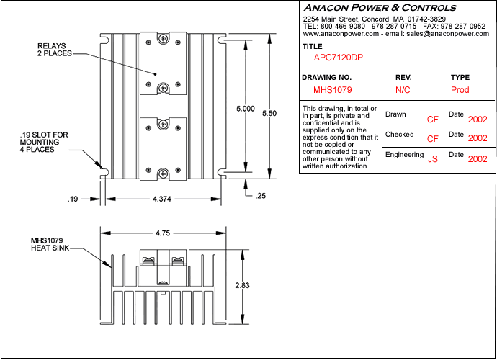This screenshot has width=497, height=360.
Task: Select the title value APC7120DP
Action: click(339, 58)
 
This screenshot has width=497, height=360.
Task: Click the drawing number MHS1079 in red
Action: click(332, 91)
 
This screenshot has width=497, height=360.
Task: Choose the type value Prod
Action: click(460, 91)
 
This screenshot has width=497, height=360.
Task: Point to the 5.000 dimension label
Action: click(246, 109)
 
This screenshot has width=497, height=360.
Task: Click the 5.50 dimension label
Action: click(269, 114)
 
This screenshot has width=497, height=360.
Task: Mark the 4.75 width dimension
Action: click(162, 233)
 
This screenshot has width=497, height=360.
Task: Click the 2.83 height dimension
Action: click(243, 286)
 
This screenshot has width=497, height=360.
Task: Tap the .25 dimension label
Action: click(260, 196)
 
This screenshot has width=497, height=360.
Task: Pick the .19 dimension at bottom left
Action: click(72, 198)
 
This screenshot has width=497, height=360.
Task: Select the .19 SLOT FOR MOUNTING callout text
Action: click(45, 142)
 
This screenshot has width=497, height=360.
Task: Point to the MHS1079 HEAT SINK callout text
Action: click(50, 244)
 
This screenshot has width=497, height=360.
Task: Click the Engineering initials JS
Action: click(433, 159)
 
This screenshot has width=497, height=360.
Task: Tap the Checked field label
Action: click(400, 135)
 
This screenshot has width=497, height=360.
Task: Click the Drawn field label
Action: click(395, 114)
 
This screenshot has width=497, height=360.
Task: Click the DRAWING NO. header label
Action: click(327, 77)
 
